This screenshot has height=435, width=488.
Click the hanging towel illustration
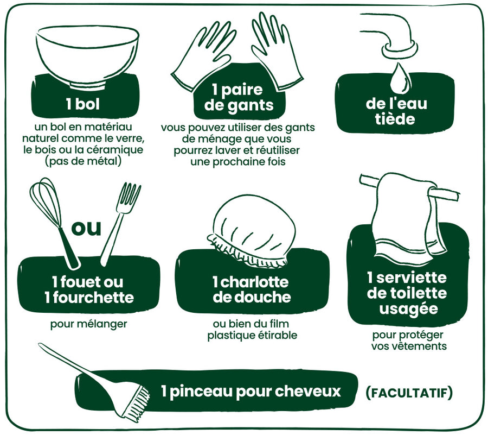tap(408, 215)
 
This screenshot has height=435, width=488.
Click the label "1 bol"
tap(83, 104)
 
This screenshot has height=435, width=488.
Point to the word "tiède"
tap(395, 119)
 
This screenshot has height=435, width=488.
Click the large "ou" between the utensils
tap(87, 229)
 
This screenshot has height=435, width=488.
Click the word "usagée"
tap(409, 309)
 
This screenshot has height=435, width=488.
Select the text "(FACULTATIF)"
tap(409, 393)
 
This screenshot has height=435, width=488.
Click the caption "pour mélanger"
tap(89, 324)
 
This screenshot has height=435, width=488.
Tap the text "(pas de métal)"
tap(83, 161)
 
